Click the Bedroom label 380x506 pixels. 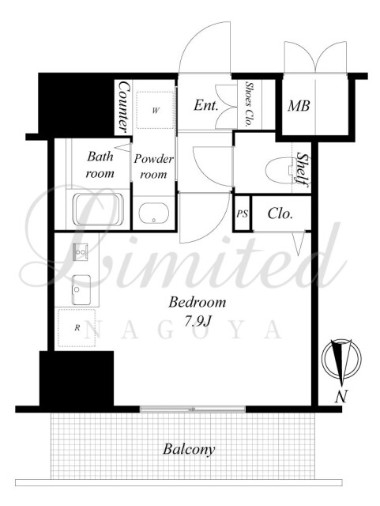pos(197,302)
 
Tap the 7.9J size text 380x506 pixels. pos(198,321)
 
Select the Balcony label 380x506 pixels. pos(189,449)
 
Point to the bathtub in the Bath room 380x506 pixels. pos(98,210)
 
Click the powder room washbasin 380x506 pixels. pos(154,213)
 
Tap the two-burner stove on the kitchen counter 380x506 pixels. pos(80,251)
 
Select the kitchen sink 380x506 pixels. pos(81,290)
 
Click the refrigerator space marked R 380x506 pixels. pos(77,328)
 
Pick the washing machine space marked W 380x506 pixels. pos(155,111)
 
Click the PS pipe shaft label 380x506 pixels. pos(242,213)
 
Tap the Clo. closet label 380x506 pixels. pos(280,213)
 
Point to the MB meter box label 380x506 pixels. pos(299,106)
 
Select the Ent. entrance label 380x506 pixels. pos(206,105)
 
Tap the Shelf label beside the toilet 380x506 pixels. pos(303,168)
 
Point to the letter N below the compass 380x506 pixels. pos(341,396)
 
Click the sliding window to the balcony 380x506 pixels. pos(193,410)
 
